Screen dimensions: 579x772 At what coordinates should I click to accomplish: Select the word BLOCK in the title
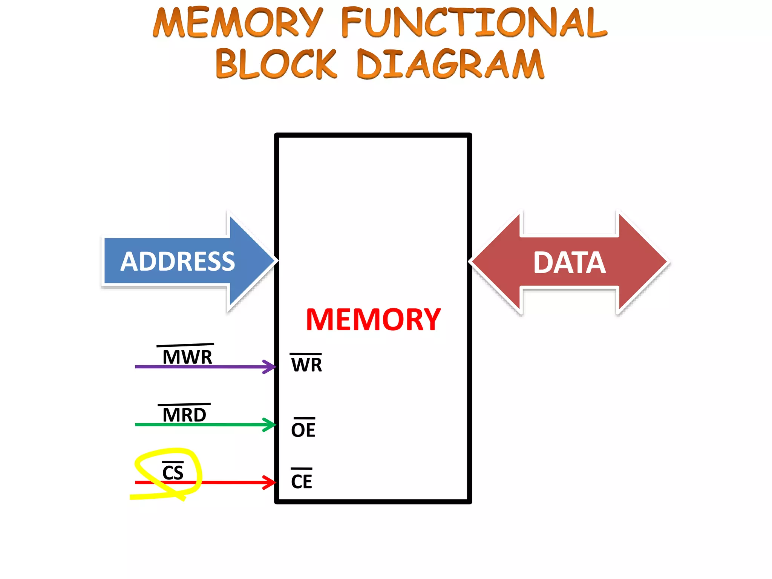pos(276,64)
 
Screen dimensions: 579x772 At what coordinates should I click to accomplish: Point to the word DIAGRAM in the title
pos(450,64)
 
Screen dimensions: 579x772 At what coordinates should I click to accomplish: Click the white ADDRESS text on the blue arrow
pos(178,262)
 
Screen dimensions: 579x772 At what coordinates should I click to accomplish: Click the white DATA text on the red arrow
pos(570,263)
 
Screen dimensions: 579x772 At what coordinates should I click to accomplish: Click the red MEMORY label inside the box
pos(373,320)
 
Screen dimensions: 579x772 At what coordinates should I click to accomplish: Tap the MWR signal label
pos(187,357)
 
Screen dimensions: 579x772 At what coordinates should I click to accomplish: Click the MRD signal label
pos(184,415)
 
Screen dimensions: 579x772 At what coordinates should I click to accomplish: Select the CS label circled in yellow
pos(173,473)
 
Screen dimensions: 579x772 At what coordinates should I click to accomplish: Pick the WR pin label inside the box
pos(306,365)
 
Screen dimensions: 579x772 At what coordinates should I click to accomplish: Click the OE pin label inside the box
pos(303,430)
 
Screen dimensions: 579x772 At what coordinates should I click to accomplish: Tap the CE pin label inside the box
pos(302,481)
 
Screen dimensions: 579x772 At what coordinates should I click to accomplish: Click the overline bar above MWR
pos(185,345)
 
